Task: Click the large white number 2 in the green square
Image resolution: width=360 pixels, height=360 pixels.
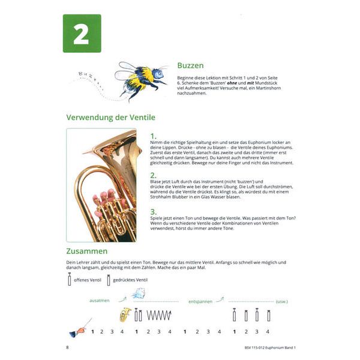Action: pos(82,34)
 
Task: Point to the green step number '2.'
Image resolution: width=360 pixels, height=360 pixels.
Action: pos(154,175)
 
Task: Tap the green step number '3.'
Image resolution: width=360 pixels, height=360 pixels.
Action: pos(154,211)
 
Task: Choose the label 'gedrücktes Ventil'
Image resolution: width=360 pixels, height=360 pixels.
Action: pos(131,280)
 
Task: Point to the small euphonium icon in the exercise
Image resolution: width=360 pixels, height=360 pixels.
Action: pos(125,314)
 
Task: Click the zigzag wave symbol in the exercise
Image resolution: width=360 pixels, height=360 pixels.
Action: pos(159,314)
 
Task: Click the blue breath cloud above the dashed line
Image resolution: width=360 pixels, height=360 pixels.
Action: pos(139,294)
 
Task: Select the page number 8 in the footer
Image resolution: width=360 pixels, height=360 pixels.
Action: pos(67,347)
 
